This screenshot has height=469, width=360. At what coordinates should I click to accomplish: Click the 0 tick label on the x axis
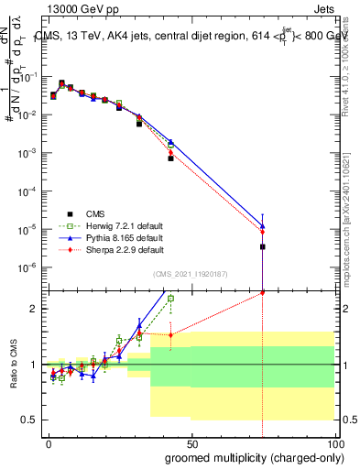click(x=48, y=442)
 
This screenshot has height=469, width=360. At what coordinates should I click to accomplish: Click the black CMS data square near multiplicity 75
click(x=263, y=246)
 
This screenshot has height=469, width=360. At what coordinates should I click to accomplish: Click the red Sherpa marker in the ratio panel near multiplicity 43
click(x=170, y=334)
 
